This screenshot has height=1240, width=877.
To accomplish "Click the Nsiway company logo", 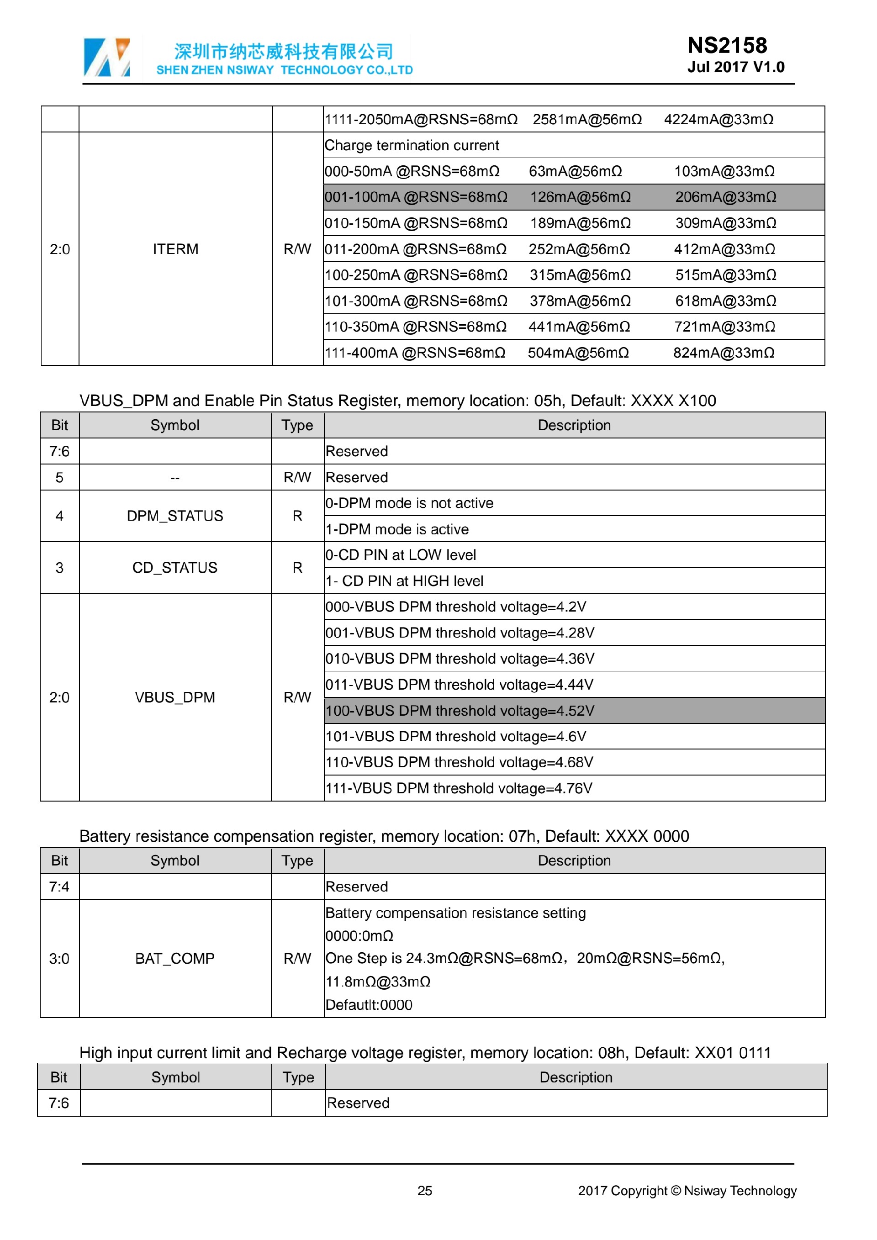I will [107, 57].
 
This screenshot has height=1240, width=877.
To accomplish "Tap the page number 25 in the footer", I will [424, 1190].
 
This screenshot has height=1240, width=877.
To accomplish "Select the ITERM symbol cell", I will [175, 249].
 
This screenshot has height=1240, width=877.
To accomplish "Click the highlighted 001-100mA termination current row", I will [574, 197].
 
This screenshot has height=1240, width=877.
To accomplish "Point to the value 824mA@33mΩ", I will [723, 353].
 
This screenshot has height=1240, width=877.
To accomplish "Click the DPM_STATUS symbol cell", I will [175, 516].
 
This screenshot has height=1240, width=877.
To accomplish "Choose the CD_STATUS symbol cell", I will [175, 568].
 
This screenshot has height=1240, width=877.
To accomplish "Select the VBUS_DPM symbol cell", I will [175, 697].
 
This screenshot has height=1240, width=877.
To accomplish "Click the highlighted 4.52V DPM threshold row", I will [574, 710].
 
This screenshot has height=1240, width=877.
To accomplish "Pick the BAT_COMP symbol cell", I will [175, 958].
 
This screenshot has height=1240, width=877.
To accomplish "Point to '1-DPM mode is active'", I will [397, 529].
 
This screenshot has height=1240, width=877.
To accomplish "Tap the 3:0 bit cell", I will [59, 958].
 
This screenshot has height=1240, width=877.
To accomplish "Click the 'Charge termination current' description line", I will [412, 145].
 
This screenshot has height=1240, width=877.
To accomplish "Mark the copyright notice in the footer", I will [687, 1190].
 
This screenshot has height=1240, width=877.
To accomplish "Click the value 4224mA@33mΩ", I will [718, 119].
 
